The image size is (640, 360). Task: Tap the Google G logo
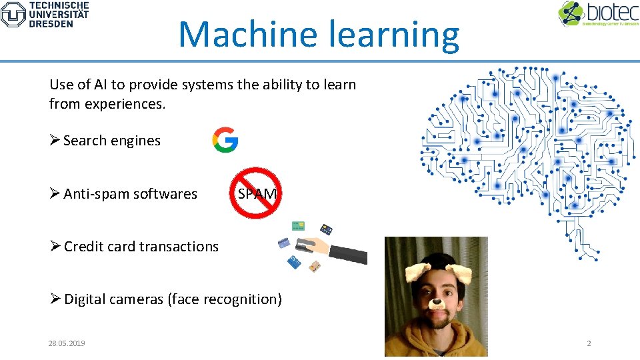[x=225, y=140]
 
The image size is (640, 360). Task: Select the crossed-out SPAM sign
[x=255, y=193]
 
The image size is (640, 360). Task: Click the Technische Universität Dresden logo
[x=45, y=14]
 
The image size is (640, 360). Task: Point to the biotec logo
[x=598, y=14]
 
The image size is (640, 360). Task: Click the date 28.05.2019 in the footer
[x=67, y=343]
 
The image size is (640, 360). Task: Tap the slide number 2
[x=588, y=343]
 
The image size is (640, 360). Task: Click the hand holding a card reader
[x=330, y=248]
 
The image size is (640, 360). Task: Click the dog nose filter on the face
[x=436, y=303]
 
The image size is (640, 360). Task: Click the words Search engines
[x=112, y=141]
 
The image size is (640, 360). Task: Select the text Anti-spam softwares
[x=131, y=194]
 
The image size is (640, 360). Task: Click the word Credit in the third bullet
[x=84, y=247]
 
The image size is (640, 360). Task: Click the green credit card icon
[x=297, y=227]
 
